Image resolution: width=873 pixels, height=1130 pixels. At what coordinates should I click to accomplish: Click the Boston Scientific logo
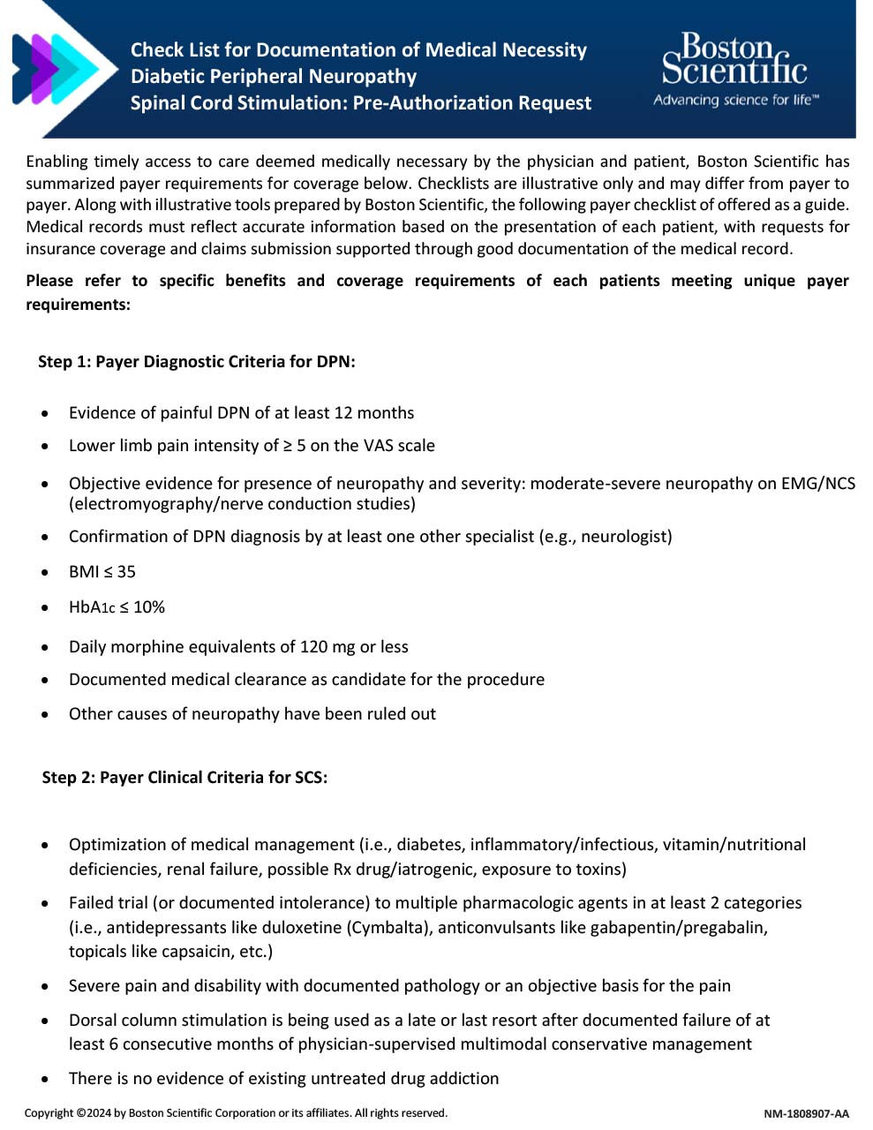coord(734,60)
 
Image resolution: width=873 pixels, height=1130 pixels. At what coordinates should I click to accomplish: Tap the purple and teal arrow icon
coord(55,68)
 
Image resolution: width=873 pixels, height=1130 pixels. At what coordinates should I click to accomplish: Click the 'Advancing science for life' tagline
coord(735,100)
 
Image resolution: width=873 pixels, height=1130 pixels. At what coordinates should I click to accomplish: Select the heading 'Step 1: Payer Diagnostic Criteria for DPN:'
coord(196,362)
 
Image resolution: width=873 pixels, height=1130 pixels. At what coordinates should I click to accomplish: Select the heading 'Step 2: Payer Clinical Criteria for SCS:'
coord(184,778)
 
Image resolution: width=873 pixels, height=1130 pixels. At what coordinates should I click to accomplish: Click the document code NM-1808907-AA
coord(806,1113)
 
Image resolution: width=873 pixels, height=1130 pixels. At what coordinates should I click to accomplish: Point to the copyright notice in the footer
coord(236,1113)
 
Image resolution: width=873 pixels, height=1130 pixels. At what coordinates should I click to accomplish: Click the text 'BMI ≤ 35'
coord(102,572)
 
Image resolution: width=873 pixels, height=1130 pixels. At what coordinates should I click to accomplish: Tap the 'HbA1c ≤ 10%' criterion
coord(117,607)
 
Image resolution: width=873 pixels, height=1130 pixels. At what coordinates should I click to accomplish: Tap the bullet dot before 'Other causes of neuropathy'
coord(45,715)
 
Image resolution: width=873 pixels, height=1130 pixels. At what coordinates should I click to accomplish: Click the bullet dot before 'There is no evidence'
coord(45,1080)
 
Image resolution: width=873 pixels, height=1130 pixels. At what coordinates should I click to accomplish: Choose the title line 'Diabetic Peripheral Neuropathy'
coord(274,77)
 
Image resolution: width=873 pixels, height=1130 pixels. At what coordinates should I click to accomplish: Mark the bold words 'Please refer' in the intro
coord(61,281)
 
